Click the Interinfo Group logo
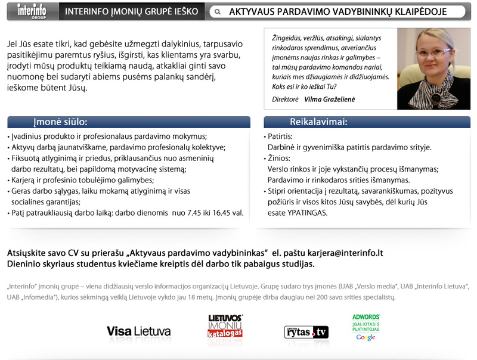coord(31,11)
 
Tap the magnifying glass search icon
coord(218,12)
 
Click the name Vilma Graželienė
coord(329,100)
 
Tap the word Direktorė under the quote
coord(284,100)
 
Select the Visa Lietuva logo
coord(138,331)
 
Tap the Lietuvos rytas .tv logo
coord(306,331)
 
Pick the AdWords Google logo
coord(366,327)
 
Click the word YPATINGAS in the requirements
coord(307,212)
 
